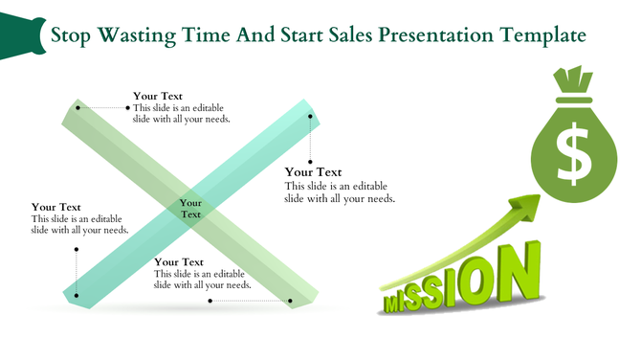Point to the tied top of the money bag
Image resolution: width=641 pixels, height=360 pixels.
(573, 79)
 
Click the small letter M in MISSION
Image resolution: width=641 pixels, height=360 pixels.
(393, 304)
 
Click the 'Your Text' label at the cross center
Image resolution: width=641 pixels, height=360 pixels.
(191, 209)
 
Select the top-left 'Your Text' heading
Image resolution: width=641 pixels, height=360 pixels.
(158, 96)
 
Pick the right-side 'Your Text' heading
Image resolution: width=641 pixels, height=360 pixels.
(313, 172)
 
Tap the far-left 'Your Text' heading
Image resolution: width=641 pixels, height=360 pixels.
(55, 207)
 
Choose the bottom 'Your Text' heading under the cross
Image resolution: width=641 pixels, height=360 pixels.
(179, 261)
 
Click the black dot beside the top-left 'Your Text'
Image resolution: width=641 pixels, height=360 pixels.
(127, 108)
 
